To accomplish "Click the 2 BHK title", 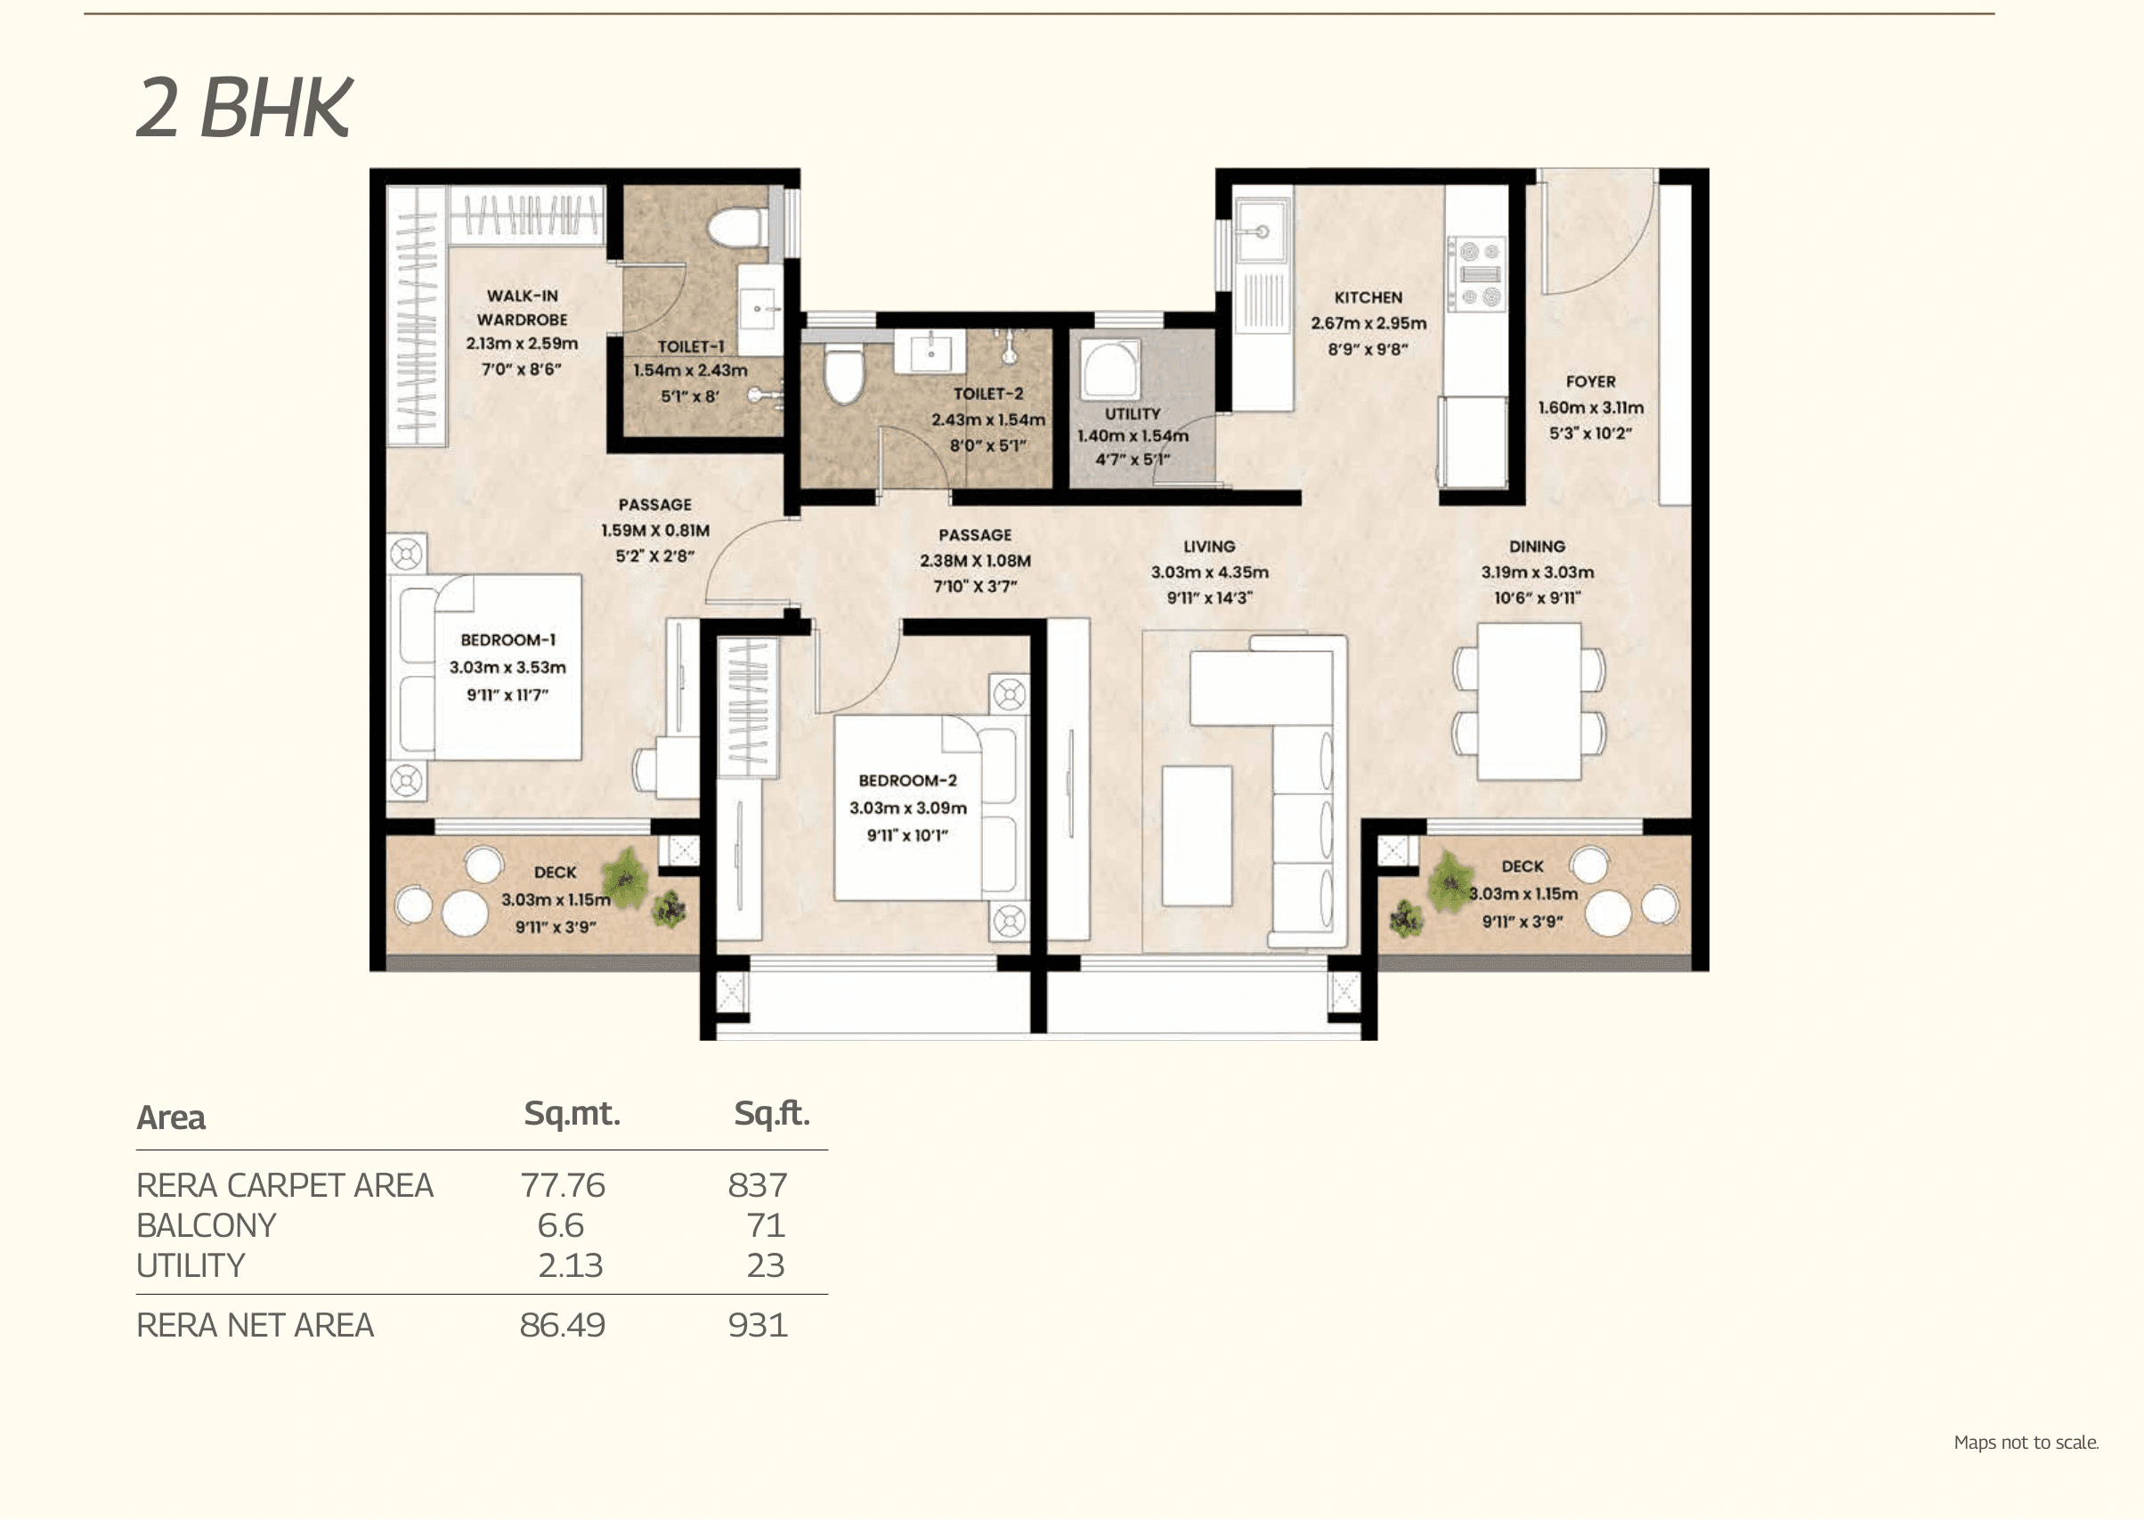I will pos(244,108).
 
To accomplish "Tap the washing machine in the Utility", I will pos(1110,369).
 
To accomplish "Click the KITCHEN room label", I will pos(1368,297).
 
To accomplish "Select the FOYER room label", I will pos(1590,382).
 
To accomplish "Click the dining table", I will pos(1529,701).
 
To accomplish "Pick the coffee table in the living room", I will pos(1197,835).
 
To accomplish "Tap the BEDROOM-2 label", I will pos(906,781).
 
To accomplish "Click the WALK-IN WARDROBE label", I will pos(522,307).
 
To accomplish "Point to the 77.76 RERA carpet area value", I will pos(563,1186).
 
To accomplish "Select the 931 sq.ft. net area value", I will pos(757,1325).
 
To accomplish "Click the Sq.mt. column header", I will pos(571,1114).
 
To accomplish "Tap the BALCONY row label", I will pos(206,1226).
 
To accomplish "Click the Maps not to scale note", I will pos(2026,1443).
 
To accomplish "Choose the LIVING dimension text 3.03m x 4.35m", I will pos(1209,572).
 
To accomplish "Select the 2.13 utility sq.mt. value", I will pos(570,1266).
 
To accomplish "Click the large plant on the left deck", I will pos(624,877).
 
